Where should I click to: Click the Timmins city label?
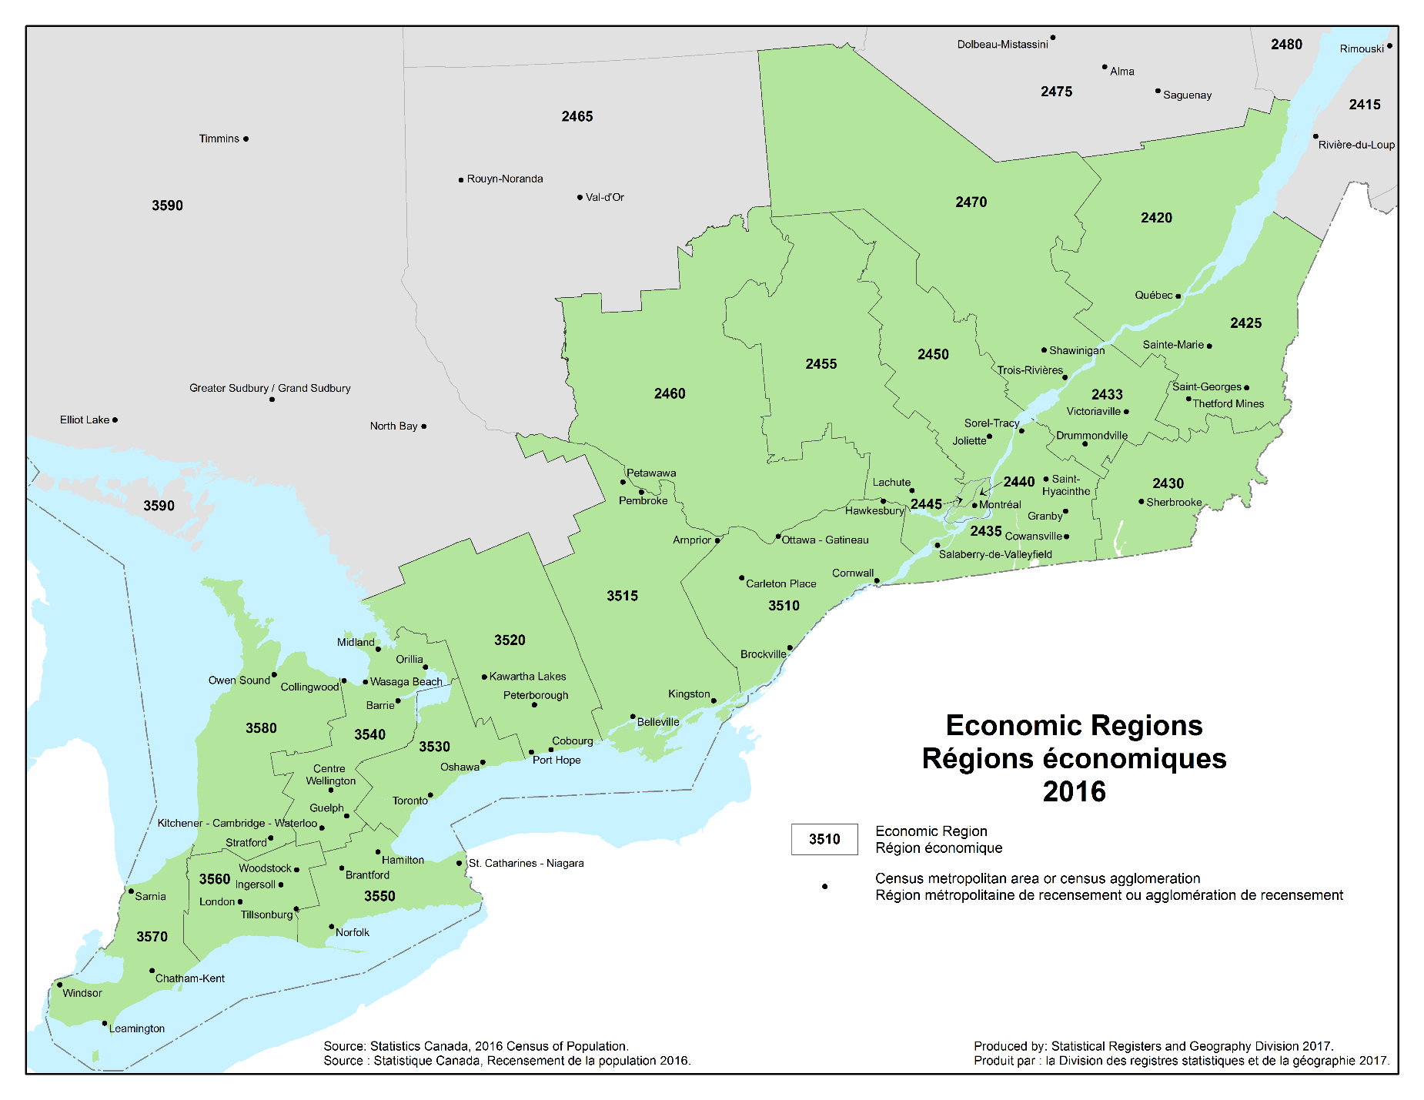click(x=219, y=139)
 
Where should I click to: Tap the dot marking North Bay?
click(x=423, y=426)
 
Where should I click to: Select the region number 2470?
click(x=971, y=202)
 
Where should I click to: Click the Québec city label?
click(x=1153, y=295)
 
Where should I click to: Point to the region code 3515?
click(x=622, y=596)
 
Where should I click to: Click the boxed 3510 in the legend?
click(x=824, y=839)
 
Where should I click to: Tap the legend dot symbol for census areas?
click(x=824, y=887)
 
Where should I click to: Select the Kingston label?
click(x=688, y=694)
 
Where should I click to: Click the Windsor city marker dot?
click(x=59, y=985)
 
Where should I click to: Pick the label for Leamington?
click(x=136, y=1028)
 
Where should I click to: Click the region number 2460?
click(x=669, y=393)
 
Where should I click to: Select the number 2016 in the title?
click(x=1074, y=791)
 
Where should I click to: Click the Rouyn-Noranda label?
click(x=504, y=179)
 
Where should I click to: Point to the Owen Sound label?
click(x=239, y=680)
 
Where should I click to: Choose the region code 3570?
click(x=152, y=936)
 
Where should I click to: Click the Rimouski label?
click(x=1361, y=48)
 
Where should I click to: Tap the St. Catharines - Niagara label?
click(x=526, y=863)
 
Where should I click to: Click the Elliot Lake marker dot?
click(x=115, y=420)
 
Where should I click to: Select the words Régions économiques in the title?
click(x=1074, y=758)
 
